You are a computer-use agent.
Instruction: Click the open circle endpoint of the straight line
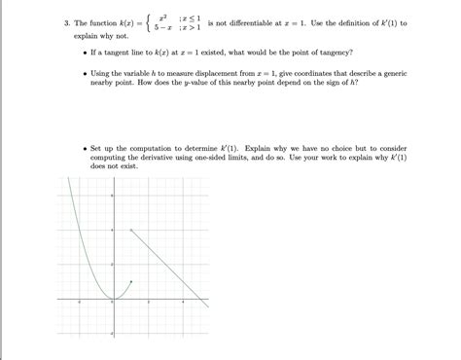coord(129,230)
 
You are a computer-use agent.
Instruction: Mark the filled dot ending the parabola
coord(129,282)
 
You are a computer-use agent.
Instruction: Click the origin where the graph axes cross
coord(113,299)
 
